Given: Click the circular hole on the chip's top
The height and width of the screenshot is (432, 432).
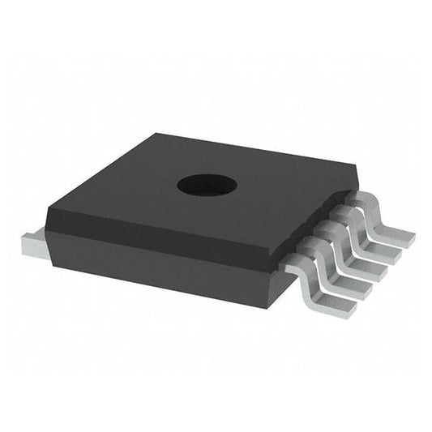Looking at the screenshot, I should point(207,185).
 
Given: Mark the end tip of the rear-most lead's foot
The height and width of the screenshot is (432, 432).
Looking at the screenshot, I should point(411,239).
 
